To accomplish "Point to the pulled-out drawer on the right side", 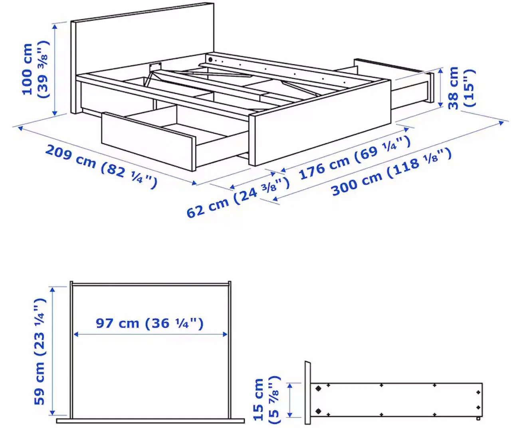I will [x=411, y=86].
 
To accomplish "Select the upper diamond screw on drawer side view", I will [x=318, y=388].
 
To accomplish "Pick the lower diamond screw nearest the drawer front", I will [x=318, y=411].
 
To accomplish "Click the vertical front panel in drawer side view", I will [x=307, y=393].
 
